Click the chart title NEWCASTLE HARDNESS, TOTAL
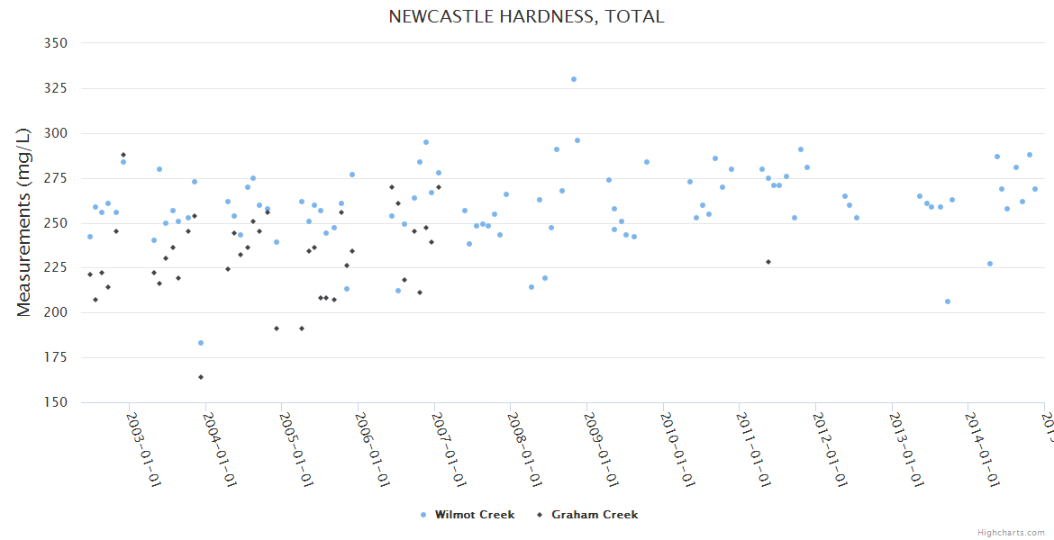click(x=526, y=17)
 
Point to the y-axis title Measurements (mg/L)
click(x=24, y=223)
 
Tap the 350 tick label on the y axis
click(x=55, y=43)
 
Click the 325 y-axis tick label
click(x=55, y=88)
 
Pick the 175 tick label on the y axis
click(x=55, y=358)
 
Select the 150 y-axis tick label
click(x=55, y=403)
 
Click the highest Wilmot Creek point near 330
click(x=574, y=79)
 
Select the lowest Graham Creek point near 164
click(x=201, y=377)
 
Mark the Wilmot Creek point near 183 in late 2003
click(x=201, y=343)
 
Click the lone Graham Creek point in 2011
click(x=768, y=262)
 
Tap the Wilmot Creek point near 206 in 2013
click(x=948, y=301)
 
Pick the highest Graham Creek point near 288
click(x=123, y=155)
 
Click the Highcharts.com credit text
click(x=1011, y=532)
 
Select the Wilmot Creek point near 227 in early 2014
click(x=990, y=264)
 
